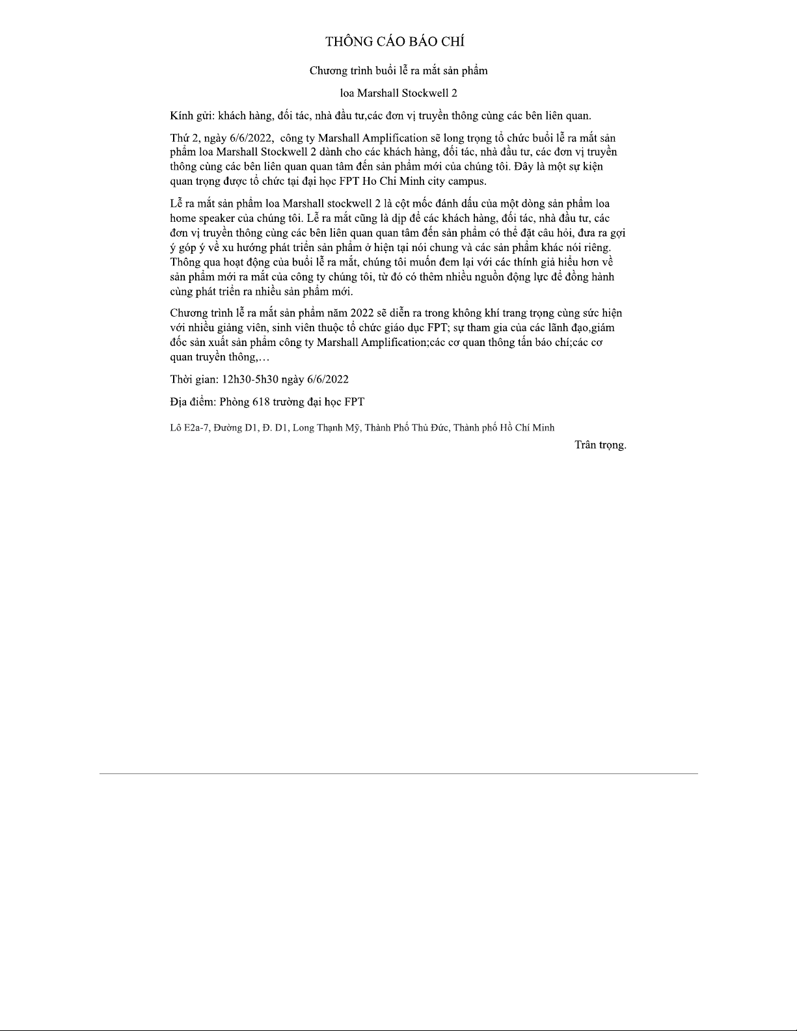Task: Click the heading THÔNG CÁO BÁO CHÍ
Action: (395, 42)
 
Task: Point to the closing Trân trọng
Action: (600, 445)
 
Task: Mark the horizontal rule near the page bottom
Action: (398, 773)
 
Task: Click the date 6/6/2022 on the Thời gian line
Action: (327, 379)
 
